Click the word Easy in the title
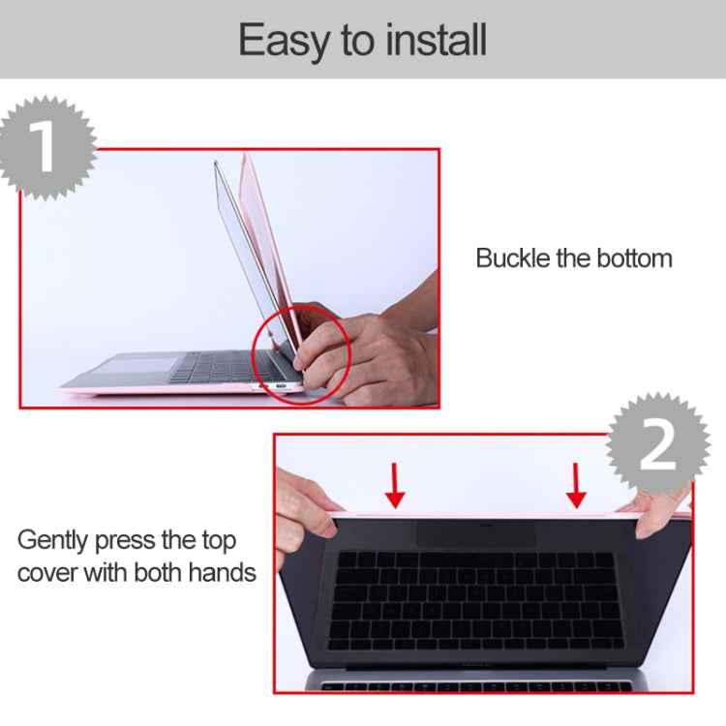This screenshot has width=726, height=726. [280, 41]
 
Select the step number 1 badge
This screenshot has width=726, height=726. [44, 148]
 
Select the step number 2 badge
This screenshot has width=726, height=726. [658, 445]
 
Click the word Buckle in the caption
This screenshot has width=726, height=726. [511, 258]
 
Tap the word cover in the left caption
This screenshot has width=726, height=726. [46, 572]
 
